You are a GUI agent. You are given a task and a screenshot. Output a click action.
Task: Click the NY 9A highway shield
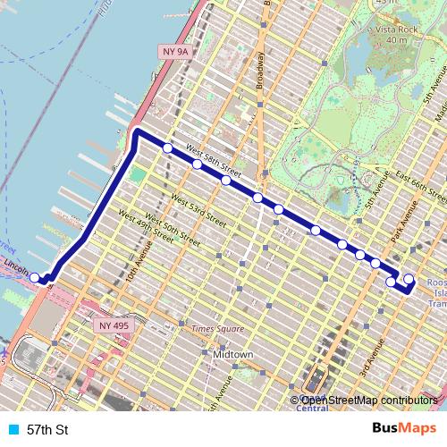pyautogui.click(x=175, y=52)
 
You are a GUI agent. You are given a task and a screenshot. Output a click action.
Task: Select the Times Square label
pyautogui.click(x=217, y=329)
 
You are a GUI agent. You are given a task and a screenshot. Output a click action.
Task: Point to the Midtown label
pyautogui.click(x=232, y=355)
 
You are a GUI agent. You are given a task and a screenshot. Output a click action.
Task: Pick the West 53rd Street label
pyautogui.click(x=198, y=206)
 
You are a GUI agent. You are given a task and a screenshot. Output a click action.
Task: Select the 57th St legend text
pyautogui.click(x=47, y=430)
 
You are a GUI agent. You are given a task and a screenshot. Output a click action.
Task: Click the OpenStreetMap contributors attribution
pyautogui.click(x=366, y=401)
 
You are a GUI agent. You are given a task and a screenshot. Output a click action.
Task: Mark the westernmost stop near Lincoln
pyautogui.click(x=36, y=278)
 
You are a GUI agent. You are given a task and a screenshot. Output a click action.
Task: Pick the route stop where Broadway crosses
pyautogui.click(x=257, y=198)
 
